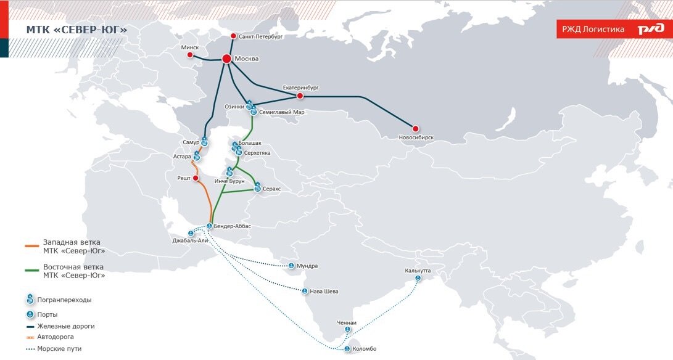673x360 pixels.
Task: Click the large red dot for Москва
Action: point(226,59)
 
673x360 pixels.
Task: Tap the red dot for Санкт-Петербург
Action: point(233,36)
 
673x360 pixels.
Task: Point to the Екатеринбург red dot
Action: point(300,96)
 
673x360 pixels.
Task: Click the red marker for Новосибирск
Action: point(415,129)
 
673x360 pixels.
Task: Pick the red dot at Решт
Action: point(196,178)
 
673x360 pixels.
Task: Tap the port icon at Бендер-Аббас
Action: point(209,226)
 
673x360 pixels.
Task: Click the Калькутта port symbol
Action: point(417,279)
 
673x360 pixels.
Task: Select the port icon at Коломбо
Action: point(347,349)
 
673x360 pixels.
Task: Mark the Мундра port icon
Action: point(291,266)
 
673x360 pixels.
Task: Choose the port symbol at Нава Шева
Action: point(305,292)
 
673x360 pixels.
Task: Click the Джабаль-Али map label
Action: point(192,241)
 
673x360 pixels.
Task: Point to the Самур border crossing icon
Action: point(204,143)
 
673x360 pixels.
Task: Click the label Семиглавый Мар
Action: point(281,112)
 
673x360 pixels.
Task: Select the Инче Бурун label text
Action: point(229,181)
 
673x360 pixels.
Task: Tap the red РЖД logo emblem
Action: point(651,29)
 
